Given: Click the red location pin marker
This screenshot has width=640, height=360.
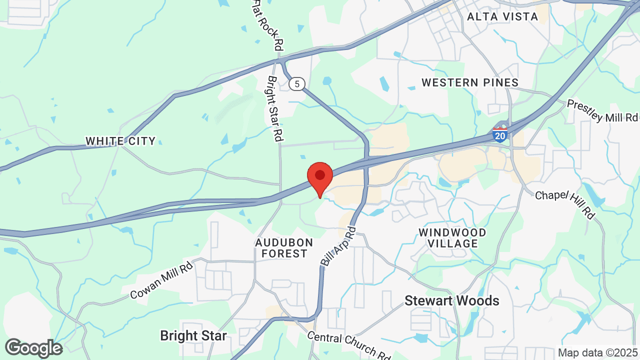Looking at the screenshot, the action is pyautogui.click(x=320, y=177).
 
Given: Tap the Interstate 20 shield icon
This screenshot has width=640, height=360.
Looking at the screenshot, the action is pyautogui.click(x=499, y=134).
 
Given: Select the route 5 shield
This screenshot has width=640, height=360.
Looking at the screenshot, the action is pyautogui.click(x=297, y=84).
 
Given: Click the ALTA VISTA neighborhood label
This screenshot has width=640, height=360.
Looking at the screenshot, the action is pyautogui.click(x=502, y=16).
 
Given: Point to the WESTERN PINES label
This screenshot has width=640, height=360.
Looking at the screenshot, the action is pyautogui.click(x=470, y=82).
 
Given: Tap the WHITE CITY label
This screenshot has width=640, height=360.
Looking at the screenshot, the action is pyautogui.click(x=120, y=141).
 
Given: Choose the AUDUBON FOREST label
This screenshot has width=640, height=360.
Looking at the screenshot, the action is pyautogui.click(x=284, y=248).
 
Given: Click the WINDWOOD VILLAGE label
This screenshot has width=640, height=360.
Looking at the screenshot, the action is pyautogui.click(x=452, y=238).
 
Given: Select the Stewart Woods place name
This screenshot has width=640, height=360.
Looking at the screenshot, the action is pyautogui.click(x=451, y=300).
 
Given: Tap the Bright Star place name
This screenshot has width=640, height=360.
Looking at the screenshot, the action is pyautogui.click(x=193, y=335).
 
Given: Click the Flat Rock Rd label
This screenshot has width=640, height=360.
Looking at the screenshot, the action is pyautogui.click(x=268, y=25).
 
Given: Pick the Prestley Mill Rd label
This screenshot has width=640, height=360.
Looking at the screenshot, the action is pyautogui.click(x=602, y=110).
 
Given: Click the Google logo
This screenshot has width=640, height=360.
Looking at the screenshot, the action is pyautogui.click(x=34, y=348).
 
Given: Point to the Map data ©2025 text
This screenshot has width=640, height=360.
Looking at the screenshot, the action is pyautogui.click(x=597, y=353).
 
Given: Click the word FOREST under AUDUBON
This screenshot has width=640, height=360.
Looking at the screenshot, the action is pyautogui.click(x=284, y=254).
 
